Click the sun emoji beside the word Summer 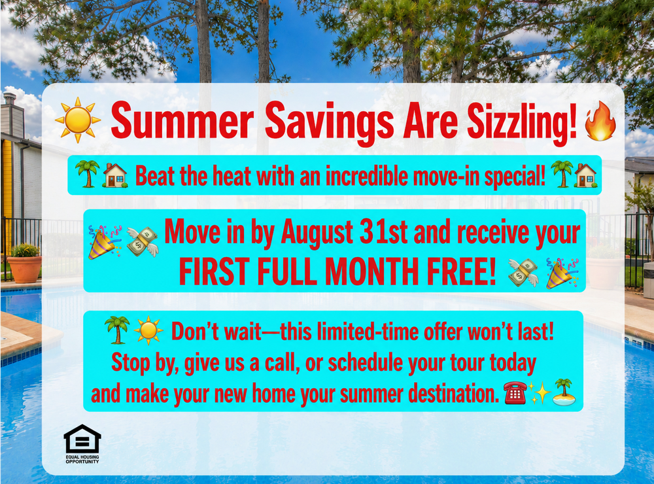78,120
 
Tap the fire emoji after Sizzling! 600,120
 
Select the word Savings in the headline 329,123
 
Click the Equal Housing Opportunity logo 82,444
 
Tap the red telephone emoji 515,392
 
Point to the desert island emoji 564,392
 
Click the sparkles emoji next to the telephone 540,393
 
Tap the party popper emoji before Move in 104,242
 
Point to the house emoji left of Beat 115,175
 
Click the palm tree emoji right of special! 562,173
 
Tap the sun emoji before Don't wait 148,330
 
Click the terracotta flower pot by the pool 25,269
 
